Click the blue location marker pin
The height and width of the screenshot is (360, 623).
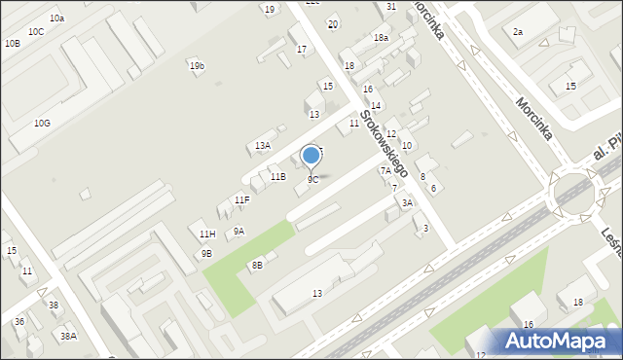point(311,156)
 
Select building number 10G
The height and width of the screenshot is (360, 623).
point(42,123)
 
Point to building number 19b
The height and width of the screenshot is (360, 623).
point(197,66)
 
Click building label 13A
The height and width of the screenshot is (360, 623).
point(263,146)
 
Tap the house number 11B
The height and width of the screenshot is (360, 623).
point(278,176)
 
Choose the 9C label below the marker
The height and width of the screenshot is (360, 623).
point(312,180)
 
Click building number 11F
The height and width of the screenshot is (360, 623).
point(241,200)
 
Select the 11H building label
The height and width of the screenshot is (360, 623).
point(206,234)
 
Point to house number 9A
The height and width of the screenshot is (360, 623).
point(238,232)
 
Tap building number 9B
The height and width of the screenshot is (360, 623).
point(206,254)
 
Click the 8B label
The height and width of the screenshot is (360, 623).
point(257,265)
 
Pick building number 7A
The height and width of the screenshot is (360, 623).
point(385,170)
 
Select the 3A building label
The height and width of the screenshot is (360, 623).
point(407,203)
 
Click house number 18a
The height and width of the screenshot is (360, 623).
point(381,37)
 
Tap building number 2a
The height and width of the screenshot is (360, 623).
point(518,32)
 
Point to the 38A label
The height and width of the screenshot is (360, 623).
point(68,336)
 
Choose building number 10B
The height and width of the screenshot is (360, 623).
point(12,44)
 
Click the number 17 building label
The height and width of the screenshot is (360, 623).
point(302,49)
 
